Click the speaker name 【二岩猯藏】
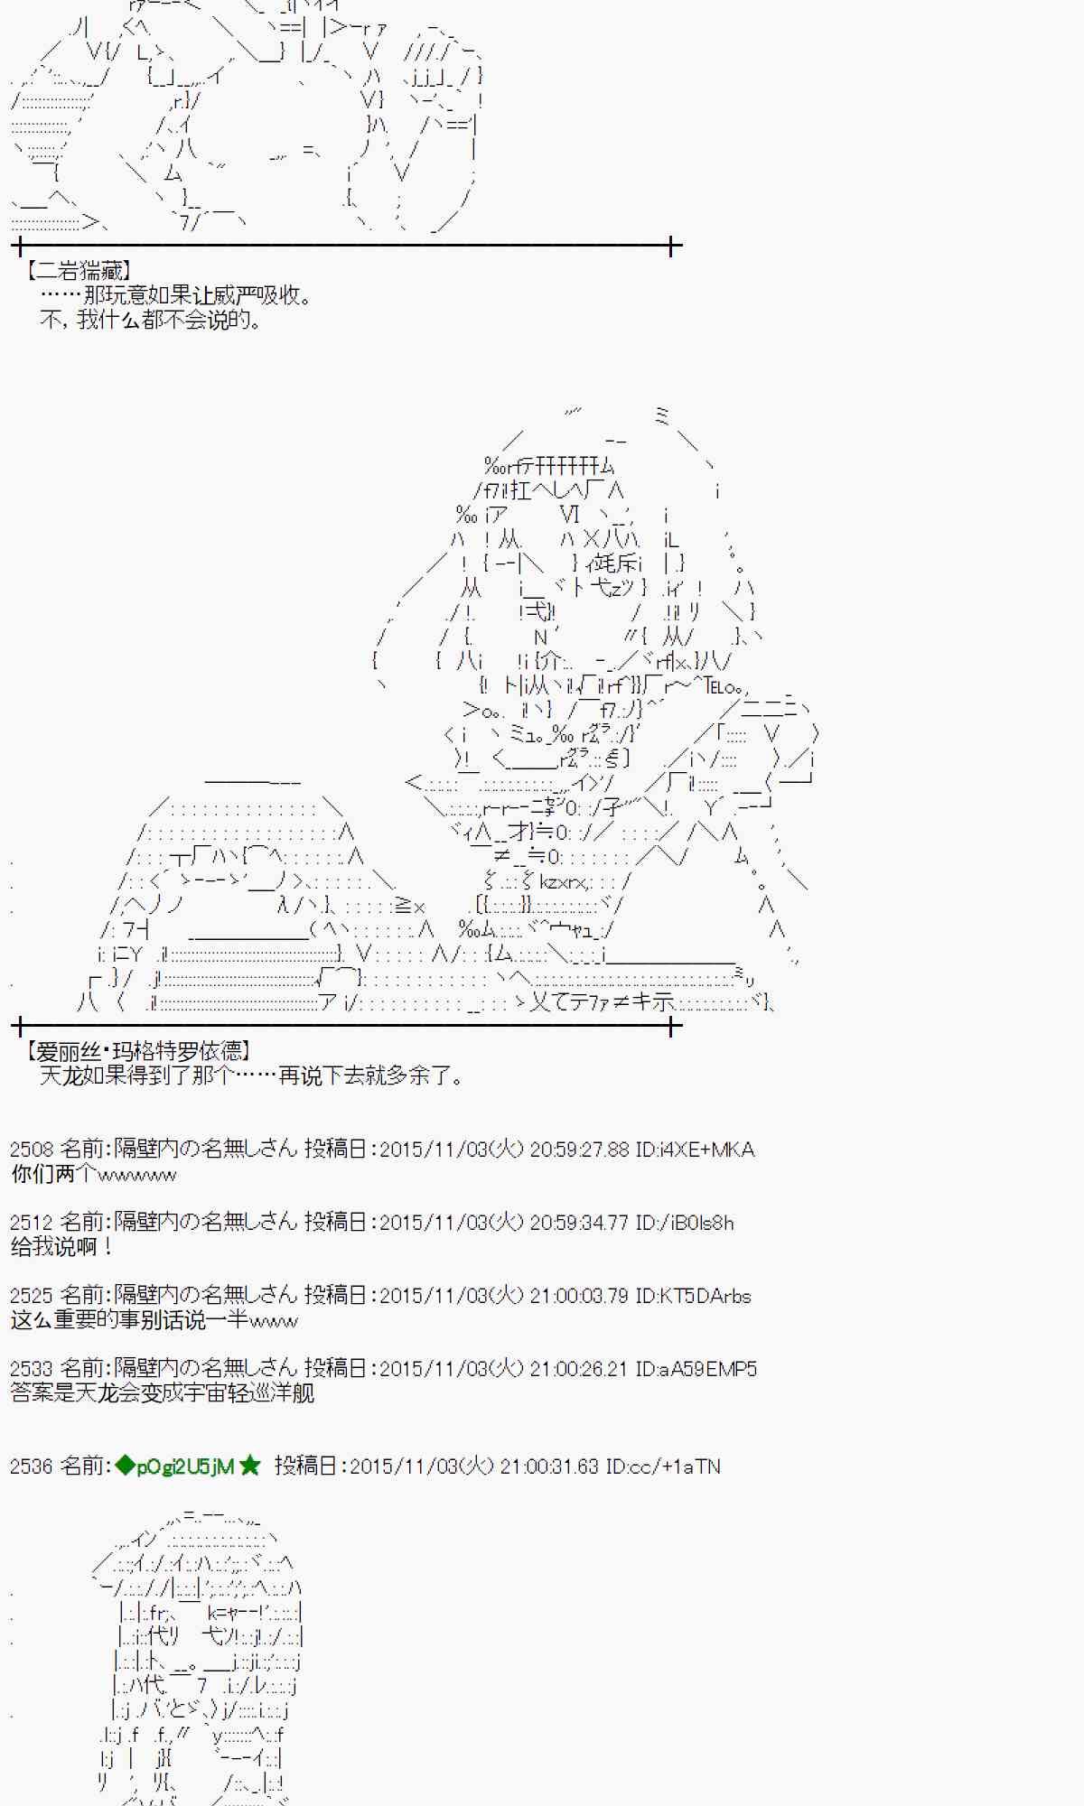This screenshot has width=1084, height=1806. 79,270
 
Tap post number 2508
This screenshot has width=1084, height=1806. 32,1150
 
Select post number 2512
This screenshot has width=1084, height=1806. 32,1223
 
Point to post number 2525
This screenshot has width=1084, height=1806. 32,1296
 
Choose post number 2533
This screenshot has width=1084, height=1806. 32,1369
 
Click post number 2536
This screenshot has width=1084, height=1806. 32,1466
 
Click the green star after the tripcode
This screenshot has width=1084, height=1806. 250,1466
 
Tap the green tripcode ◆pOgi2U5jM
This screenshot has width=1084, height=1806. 174,1466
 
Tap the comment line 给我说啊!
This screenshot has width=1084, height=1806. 62,1247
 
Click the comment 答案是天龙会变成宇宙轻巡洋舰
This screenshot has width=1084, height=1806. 163,1393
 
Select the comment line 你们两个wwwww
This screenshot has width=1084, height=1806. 94,1174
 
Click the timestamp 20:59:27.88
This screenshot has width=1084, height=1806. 579,1150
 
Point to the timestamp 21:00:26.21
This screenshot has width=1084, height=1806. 578,1369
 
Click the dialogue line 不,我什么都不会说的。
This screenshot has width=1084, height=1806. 150,320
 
